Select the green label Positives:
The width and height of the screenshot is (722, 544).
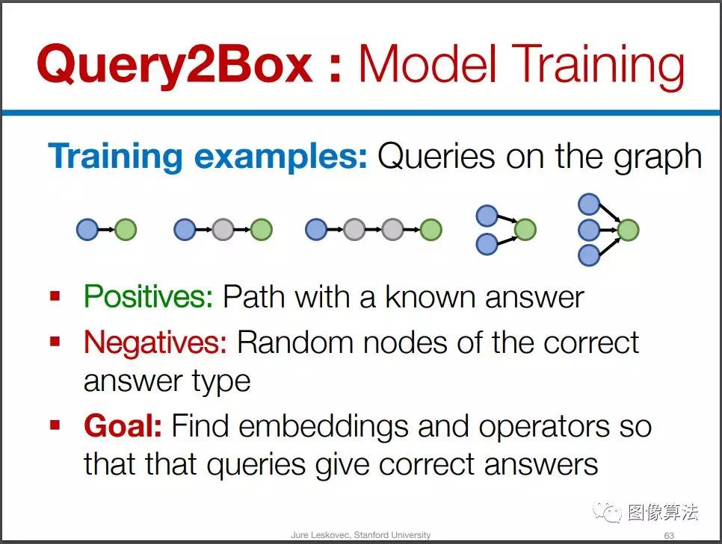pos(149,296)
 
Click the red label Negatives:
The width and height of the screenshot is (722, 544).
pos(155,343)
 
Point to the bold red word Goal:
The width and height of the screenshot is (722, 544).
pos(123,426)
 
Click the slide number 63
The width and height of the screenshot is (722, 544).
pos(669,535)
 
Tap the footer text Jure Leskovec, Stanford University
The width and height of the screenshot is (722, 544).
pos(361,535)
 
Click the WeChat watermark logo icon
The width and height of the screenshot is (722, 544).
pos(607,512)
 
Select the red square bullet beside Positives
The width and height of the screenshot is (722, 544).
pos(55,296)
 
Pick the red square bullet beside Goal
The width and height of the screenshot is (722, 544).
pos(55,425)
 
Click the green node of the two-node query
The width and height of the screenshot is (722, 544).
pos(126,229)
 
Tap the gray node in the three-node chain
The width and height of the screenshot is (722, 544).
pos(223,229)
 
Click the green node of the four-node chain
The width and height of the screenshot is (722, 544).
pos(431,229)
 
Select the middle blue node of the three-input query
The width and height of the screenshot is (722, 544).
pos(589,230)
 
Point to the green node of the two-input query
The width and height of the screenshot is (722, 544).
pos(525,229)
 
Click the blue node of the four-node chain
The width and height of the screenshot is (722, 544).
pos(316,229)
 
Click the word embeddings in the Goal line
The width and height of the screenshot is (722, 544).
pos(323,427)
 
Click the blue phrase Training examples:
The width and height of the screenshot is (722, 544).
pos(208,157)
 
